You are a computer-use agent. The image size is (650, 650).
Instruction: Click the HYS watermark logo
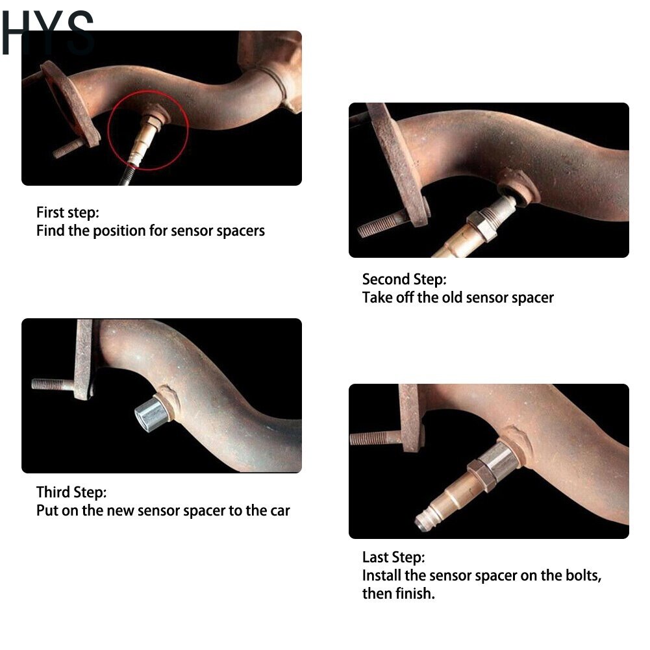pyautogui.click(x=47, y=32)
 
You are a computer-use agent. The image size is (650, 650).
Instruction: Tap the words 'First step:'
pyautogui.click(x=68, y=212)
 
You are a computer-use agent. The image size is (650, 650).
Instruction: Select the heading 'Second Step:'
pyautogui.click(x=404, y=279)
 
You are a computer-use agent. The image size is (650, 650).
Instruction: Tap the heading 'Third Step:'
pyautogui.click(x=71, y=492)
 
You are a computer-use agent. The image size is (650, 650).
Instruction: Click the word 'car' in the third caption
pyautogui.click(x=280, y=510)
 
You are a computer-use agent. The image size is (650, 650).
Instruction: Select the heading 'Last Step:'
pyautogui.click(x=394, y=557)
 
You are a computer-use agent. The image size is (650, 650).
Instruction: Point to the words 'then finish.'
pyautogui.click(x=398, y=594)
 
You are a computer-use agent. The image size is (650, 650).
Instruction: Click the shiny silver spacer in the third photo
pyautogui.click(x=152, y=413)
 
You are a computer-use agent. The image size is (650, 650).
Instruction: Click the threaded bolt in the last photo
pyautogui.click(x=375, y=438)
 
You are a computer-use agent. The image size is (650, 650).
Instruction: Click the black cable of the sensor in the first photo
pyautogui.click(x=127, y=176)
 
